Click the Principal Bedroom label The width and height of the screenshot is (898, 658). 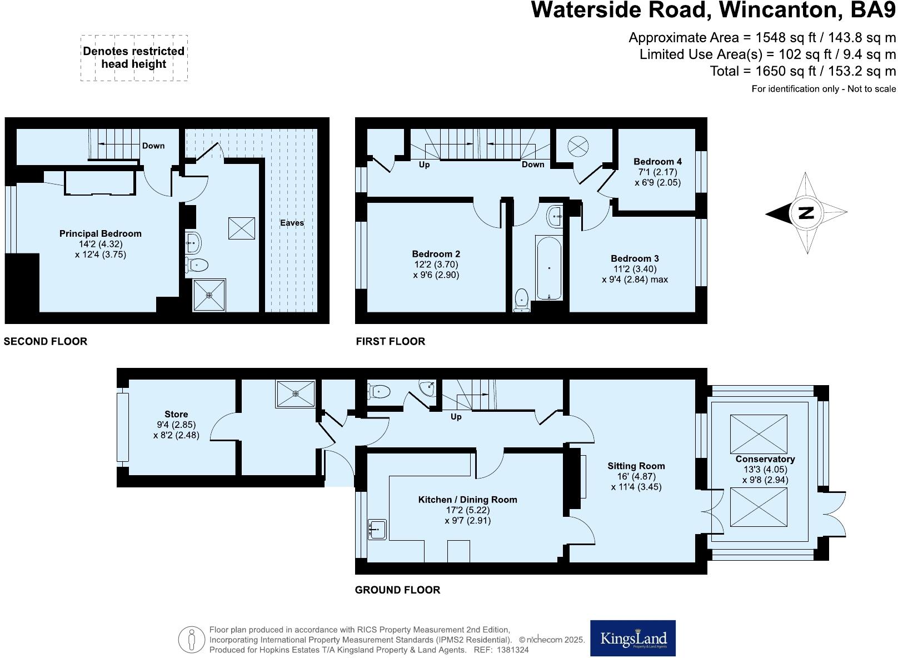point(100,233)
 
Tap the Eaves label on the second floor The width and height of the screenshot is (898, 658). point(292,223)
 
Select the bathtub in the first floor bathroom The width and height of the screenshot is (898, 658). point(549,268)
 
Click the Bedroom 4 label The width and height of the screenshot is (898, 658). point(657,162)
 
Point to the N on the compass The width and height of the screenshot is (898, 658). point(806,213)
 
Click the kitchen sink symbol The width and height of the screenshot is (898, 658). point(377,529)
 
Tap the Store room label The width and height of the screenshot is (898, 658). point(176,414)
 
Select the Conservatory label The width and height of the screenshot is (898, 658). point(765,459)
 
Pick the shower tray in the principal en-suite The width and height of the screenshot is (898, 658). point(209,295)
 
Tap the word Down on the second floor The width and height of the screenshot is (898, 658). point(153,146)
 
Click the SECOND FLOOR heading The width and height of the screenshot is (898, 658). point(46,341)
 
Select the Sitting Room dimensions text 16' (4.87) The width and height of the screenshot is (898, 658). point(636,476)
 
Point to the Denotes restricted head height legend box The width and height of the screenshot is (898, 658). point(134,58)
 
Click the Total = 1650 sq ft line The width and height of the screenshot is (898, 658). point(802,71)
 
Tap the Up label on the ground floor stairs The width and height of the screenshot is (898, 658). point(456,417)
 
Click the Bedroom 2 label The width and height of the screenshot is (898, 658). point(436,254)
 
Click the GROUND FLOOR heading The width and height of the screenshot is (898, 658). point(397,590)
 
